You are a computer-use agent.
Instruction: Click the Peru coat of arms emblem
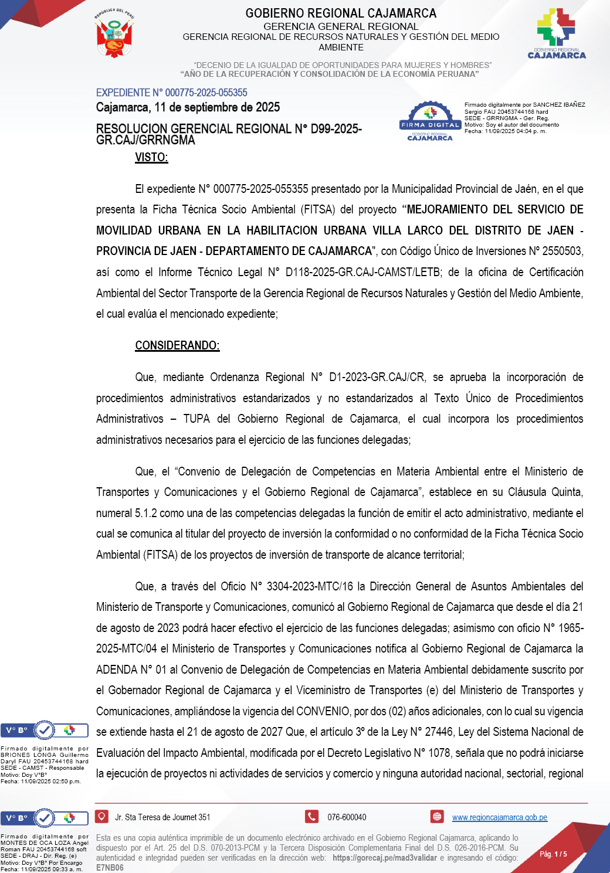coord(114,33)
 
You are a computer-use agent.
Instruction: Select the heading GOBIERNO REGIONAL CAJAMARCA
coord(341,13)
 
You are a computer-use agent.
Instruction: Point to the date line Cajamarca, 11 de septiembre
coord(188,107)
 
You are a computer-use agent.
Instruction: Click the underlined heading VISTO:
coord(151,157)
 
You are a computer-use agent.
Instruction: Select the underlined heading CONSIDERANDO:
coord(177,345)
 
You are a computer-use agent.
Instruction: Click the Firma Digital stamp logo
coord(430,121)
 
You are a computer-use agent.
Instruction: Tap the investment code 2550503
coord(561,251)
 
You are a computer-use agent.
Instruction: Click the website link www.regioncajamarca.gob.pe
coord(499,817)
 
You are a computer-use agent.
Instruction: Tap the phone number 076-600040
coord(347,817)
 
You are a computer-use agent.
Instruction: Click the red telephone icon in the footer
coord(311,816)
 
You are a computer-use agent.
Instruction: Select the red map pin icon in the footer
coord(102,816)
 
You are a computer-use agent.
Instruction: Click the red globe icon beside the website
coord(437,816)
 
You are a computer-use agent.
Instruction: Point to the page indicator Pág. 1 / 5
coord(553,854)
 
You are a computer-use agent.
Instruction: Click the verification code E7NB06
coord(110,868)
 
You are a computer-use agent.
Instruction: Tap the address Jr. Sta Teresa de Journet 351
coord(162,817)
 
